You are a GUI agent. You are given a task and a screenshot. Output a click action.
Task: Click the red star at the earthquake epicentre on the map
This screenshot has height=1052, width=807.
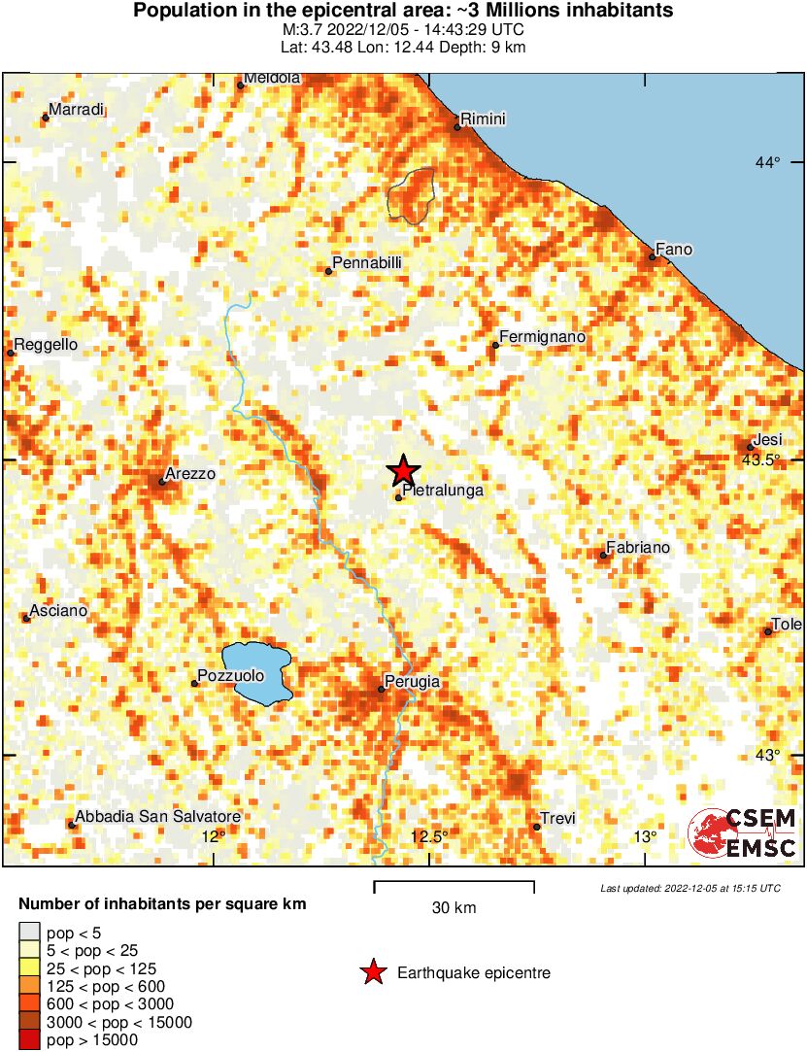pos(403,470)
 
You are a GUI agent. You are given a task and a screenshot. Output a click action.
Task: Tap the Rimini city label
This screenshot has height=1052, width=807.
pos(483,119)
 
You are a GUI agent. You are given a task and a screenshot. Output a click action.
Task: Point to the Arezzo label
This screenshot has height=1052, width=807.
pos(190,474)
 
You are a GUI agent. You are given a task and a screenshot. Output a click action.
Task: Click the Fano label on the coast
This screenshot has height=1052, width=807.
pos(674,250)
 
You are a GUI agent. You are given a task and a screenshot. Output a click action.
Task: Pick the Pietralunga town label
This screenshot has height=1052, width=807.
pos(442,492)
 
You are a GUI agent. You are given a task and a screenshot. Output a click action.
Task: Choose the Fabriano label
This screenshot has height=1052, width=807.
pos(638,548)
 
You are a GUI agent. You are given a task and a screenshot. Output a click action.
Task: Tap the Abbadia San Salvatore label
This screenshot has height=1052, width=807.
pos(157,817)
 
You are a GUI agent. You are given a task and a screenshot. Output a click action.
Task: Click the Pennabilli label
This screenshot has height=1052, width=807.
pos(366,263)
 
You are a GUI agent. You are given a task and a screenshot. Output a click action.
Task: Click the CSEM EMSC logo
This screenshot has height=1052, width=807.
pos(743,833)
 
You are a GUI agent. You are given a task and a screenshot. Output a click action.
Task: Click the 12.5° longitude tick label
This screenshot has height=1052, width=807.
pos(429,836)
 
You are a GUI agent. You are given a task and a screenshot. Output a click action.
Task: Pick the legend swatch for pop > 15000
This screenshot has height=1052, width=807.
pos(29,1040)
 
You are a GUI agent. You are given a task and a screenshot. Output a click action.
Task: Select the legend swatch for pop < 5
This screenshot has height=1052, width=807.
pos(29,933)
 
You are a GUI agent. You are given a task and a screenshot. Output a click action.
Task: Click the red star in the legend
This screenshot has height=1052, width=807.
pos(372,972)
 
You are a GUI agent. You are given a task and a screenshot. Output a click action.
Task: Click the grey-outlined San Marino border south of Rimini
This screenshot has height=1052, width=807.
pos(411,194)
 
